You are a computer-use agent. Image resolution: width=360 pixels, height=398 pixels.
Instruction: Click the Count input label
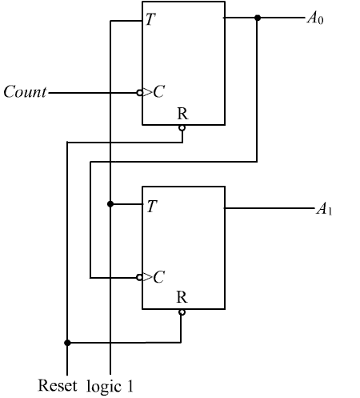point(25,91)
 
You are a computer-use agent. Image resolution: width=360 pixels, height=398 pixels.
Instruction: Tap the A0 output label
point(315,18)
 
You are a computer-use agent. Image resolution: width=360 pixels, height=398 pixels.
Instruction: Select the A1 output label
point(324,209)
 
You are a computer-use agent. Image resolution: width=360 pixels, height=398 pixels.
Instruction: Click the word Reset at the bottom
point(58,385)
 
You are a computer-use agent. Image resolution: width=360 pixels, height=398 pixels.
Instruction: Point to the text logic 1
point(110,387)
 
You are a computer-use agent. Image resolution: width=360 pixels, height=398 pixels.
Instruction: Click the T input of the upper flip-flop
point(150,19)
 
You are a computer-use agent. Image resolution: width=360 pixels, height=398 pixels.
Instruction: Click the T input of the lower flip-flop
point(152,207)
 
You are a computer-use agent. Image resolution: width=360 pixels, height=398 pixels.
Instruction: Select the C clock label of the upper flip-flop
point(159,91)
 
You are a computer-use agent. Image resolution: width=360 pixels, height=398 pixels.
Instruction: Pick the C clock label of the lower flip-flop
point(159,277)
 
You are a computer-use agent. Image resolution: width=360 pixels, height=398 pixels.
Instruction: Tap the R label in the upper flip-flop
point(182,114)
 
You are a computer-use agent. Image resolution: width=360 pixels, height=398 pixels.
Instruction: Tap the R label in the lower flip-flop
point(182,297)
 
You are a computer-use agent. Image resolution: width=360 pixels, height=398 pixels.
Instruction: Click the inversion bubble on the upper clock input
point(139,93)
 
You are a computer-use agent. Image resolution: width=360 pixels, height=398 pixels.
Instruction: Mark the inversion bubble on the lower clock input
point(139,278)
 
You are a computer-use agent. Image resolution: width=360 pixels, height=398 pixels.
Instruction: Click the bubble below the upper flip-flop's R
point(182,128)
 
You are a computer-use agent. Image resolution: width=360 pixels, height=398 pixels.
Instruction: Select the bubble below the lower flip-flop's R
point(182,312)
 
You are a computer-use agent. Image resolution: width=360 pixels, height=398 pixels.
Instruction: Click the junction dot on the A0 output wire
point(258,18)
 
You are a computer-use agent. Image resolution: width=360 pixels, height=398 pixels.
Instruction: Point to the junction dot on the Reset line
point(67,343)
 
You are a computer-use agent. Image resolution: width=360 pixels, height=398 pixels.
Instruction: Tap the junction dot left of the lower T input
point(110,204)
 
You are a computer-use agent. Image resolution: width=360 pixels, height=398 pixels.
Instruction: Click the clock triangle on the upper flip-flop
point(147,92)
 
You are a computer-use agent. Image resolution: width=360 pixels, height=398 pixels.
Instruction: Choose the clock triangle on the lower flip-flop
point(147,277)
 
